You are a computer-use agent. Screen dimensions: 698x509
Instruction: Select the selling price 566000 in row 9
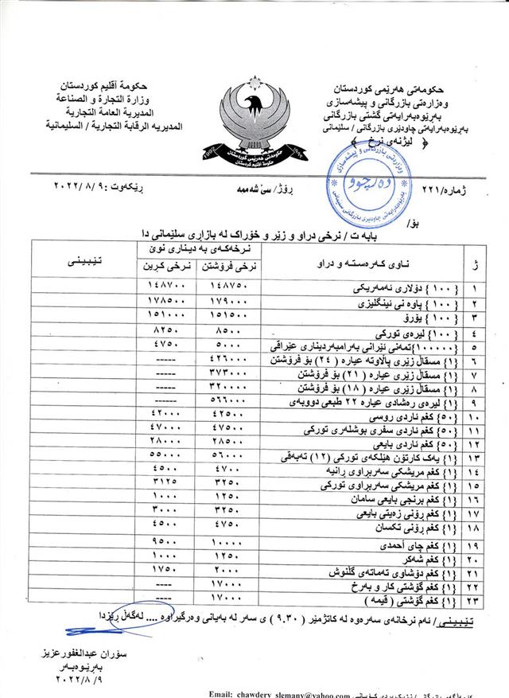tap(217, 401)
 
